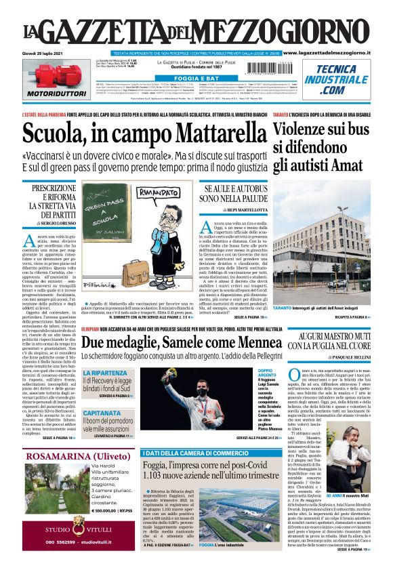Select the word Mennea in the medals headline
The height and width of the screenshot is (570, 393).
point(247,342)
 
